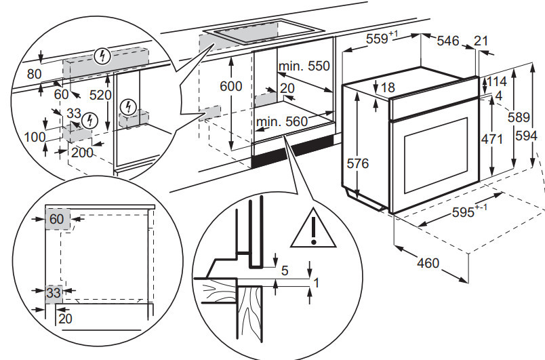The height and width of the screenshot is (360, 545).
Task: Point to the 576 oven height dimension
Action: pos(357,164)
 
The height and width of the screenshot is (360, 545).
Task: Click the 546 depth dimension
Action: pos(449,41)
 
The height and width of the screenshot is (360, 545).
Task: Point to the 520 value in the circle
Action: pos(100,96)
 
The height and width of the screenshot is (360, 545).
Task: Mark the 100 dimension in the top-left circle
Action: pos(34,136)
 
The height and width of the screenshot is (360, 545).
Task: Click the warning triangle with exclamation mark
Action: pos(312,231)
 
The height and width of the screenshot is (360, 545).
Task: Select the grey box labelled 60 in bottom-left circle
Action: pos(56,219)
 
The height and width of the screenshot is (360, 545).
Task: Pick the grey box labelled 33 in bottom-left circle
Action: pos(54,293)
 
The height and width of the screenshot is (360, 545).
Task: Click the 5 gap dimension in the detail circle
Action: pos(285,271)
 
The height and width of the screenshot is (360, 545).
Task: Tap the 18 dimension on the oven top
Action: pos(387,87)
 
